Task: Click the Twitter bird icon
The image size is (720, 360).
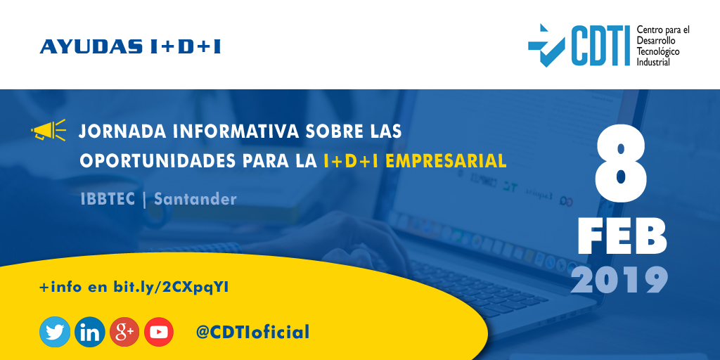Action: pyautogui.click(x=55, y=332)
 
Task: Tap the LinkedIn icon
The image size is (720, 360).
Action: pyautogui.click(x=90, y=332)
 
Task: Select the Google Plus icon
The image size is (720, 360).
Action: pyautogui.click(x=125, y=332)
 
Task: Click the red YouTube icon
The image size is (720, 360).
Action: pyautogui.click(x=159, y=332)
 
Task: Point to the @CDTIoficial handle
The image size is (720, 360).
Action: pyautogui.click(x=253, y=332)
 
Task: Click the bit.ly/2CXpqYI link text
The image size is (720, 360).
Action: pyautogui.click(x=172, y=287)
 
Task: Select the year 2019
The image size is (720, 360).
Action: pyautogui.click(x=619, y=280)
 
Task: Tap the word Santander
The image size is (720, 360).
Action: pyautogui.click(x=195, y=199)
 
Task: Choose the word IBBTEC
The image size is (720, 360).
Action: pyautogui.click(x=108, y=199)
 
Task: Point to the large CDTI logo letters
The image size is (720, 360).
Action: pyautogui.click(x=599, y=46)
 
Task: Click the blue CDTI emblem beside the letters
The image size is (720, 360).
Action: pyautogui.click(x=546, y=44)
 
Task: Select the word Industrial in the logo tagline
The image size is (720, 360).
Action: pyautogui.click(x=653, y=62)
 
